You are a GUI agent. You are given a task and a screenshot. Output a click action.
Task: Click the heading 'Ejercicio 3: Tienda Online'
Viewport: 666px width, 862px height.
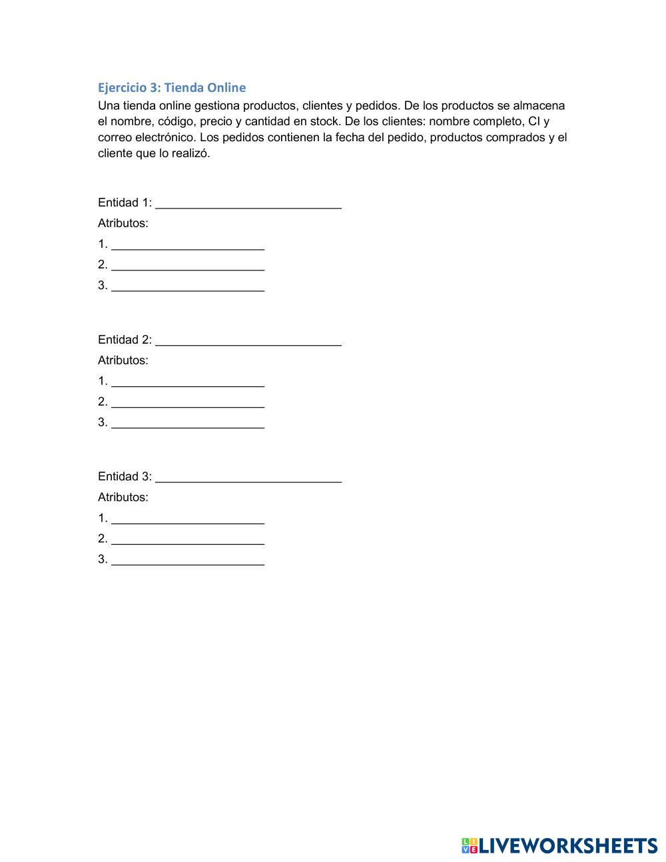[172, 87]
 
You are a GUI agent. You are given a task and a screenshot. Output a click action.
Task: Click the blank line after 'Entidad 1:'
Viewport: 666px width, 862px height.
[248, 203]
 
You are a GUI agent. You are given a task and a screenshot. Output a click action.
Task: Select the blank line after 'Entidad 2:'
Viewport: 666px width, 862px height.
[248, 340]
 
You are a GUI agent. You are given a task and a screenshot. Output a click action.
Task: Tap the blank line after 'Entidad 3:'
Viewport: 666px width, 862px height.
[248, 477]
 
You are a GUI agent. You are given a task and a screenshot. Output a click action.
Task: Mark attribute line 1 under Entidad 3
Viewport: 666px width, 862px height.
[188, 518]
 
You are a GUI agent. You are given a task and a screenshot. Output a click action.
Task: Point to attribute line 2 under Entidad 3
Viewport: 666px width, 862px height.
[188, 539]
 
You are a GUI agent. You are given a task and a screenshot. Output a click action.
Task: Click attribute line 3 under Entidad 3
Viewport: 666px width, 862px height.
[188, 560]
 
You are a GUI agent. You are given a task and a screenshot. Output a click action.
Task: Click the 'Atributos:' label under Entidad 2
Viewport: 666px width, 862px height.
[123, 360]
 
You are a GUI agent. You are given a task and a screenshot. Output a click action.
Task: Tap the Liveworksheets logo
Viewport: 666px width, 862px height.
[559, 845]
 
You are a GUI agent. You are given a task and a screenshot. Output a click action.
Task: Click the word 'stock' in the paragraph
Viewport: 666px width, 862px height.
[324, 122]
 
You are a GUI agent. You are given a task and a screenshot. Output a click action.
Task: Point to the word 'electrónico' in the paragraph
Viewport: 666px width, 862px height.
[165, 138]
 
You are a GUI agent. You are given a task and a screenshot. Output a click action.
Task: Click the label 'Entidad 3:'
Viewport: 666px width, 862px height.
[125, 477]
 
